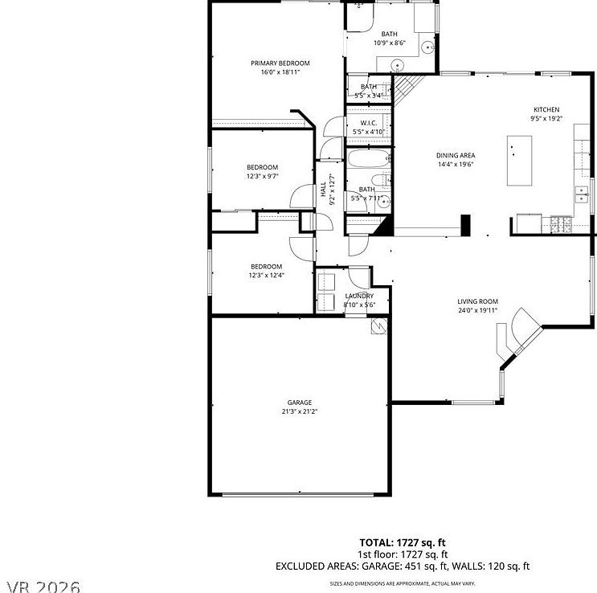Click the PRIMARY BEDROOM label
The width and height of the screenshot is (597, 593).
[x=280, y=63]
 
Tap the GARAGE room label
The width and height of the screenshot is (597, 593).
[x=300, y=403]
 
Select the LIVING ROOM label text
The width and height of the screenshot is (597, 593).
[x=478, y=301]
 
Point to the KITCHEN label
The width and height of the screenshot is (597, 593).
[x=546, y=110]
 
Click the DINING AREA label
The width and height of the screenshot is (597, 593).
[x=456, y=155]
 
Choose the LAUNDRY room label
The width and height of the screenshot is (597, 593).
[x=358, y=296]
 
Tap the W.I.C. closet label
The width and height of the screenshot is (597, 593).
[x=369, y=123]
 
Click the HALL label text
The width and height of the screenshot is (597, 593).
[x=323, y=190]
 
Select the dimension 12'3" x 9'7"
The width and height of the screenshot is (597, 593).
[x=262, y=176]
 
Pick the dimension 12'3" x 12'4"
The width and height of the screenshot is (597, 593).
[x=266, y=276]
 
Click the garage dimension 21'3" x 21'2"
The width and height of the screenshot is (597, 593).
[x=300, y=411]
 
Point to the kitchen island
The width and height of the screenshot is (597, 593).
[x=520, y=160]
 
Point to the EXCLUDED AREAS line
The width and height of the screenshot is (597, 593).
[x=403, y=566]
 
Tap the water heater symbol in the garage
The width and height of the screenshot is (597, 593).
[x=378, y=328]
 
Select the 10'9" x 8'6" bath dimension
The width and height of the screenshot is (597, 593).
[x=391, y=43]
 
